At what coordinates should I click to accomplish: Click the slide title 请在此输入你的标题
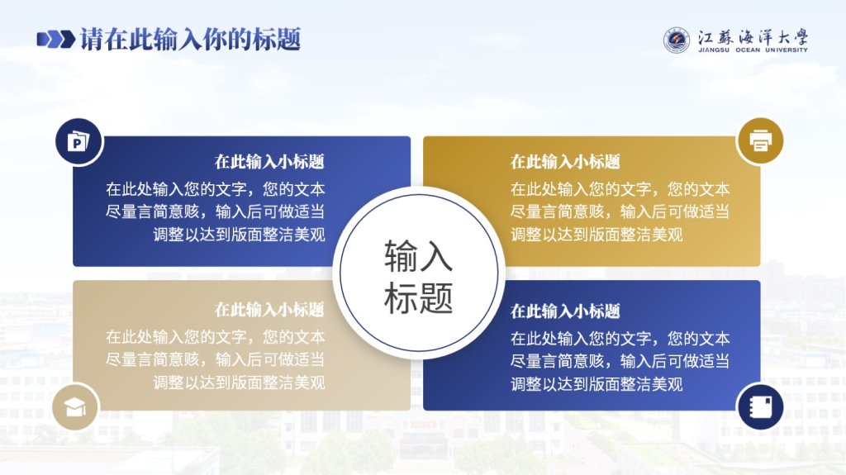[190, 40]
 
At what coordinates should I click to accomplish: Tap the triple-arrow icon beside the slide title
[56, 40]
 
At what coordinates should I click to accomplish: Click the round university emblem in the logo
[677, 40]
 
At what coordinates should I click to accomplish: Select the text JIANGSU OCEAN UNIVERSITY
[753, 50]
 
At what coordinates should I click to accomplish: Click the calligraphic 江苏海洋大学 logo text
[753, 37]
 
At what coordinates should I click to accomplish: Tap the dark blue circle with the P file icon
[78, 142]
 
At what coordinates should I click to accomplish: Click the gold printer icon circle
[760, 141]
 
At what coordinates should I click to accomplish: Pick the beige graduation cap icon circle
[75, 407]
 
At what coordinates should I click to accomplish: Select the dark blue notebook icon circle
[760, 406]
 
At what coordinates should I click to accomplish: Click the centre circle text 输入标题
[418, 277]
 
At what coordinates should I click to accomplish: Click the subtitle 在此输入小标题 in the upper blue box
[269, 161]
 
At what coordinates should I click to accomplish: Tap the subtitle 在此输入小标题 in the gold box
[565, 161]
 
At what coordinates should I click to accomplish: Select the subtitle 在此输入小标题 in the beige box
[269, 309]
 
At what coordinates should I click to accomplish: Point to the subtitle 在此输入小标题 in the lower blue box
[565, 311]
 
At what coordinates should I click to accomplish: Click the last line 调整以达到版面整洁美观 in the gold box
[596, 235]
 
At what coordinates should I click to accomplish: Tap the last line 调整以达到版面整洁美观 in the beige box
[239, 382]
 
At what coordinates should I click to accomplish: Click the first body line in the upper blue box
[216, 189]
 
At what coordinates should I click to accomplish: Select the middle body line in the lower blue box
[620, 360]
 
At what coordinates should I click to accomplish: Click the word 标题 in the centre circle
[418, 297]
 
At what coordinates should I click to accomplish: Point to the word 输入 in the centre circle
[418, 256]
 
